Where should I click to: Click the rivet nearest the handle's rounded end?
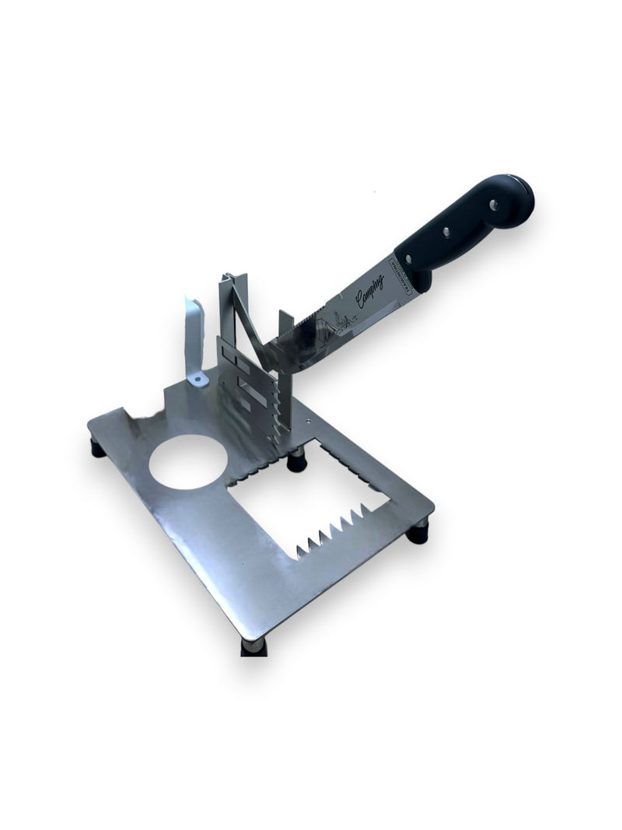pos(493,204)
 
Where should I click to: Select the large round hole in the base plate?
pos(188,462)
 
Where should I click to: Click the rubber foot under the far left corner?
pos(97,448)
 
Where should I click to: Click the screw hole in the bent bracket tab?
pos(197,379)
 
